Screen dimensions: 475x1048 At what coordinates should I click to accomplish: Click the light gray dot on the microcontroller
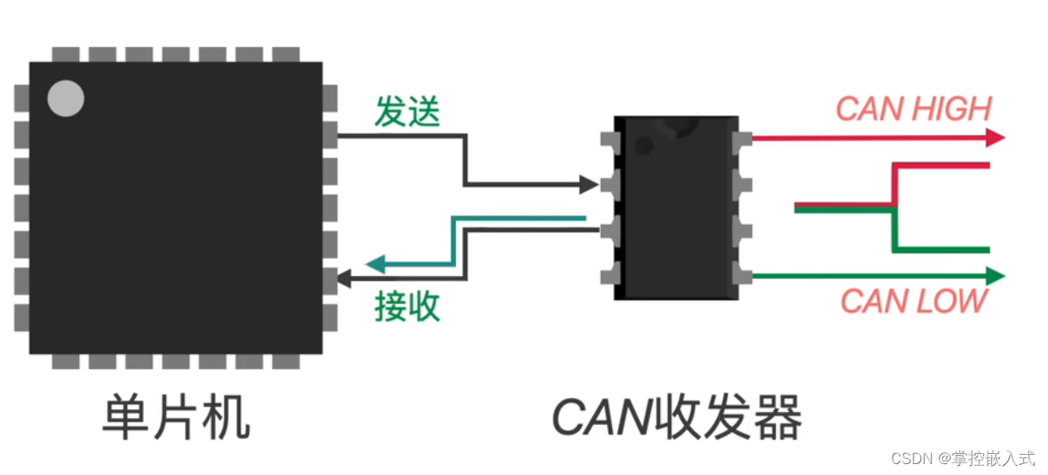[65, 98]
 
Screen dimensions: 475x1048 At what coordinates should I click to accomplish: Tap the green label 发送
[407, 112]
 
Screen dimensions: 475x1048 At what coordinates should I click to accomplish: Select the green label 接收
[407, 307]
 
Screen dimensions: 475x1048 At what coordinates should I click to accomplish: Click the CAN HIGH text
[914, 109]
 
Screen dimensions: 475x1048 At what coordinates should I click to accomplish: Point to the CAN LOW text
[914, 301]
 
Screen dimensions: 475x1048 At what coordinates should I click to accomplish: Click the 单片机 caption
[176, 417]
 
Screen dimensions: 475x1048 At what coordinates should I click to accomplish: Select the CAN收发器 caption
[677, 417]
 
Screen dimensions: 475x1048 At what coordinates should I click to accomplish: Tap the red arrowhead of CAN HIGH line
[995, 138]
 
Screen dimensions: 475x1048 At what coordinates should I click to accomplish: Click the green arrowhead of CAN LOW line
[995, 275]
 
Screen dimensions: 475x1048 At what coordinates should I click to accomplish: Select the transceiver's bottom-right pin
[741, 274]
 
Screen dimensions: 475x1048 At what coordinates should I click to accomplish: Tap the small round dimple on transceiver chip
[644, 146]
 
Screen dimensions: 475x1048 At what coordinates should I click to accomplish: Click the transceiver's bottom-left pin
[610, 274]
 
